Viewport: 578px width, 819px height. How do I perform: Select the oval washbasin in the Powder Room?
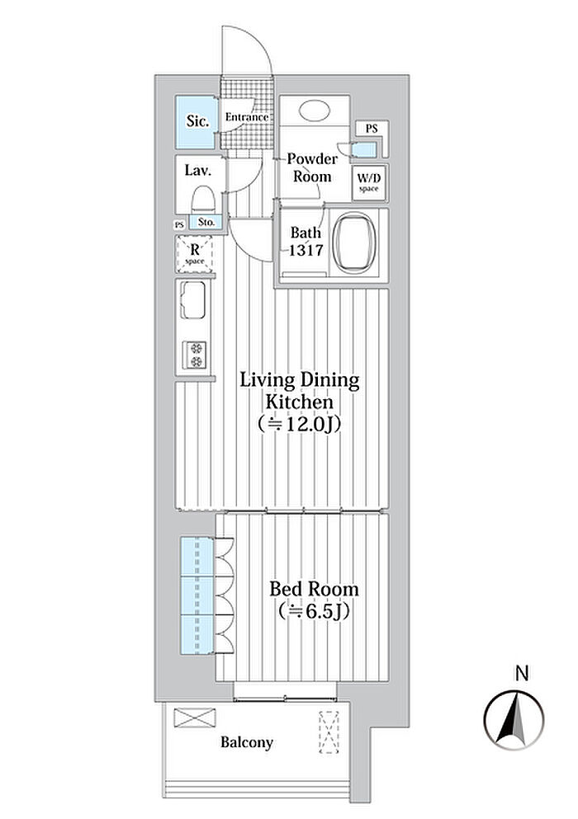pyautogui.click(x=315, y=111)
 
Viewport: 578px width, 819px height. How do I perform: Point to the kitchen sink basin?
pyautogui.click(x=192, y=300)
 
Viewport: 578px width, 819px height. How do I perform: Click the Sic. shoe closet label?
pyautogui.click(x=197, y=121)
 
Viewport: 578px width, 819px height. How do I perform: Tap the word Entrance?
pyautogui.click(x=247, y=117)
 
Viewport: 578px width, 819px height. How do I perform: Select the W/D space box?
pyautogui.click(x=369, y=182)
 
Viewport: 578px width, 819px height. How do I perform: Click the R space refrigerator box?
pyautogui.click(x=195, y=254)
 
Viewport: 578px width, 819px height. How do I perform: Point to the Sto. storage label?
pyautogui.click(x=206, y=222)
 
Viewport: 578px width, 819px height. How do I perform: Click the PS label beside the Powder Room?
pyautogui.click(x=372, y=128)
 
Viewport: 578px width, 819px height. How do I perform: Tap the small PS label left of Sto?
pyautogui.click(x=179, y=224)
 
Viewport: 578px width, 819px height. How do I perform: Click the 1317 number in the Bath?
pyautogui.click(x=306, y=250)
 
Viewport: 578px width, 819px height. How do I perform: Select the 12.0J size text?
pyautogui.click(x=301, y=424)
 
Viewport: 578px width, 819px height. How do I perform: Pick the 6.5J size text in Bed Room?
pyautogui.click(x=314, y=610)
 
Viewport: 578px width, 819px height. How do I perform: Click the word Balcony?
pyautogui.click(x=247, y=742)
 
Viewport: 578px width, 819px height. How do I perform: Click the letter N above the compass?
pyautogui.click(x=522, y=673)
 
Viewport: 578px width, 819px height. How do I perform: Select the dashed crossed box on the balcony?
pyautogui.click(x=329, y=732)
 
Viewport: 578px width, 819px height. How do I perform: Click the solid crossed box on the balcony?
pyautogui.click(x=195, y=718)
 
